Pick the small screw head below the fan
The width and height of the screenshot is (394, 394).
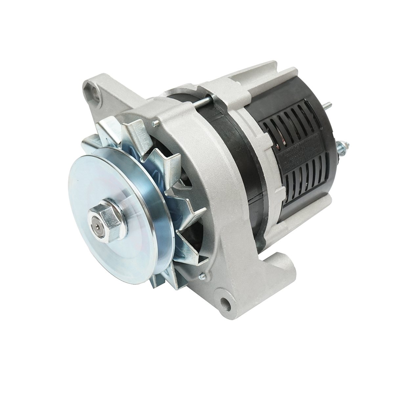point(201,278)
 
